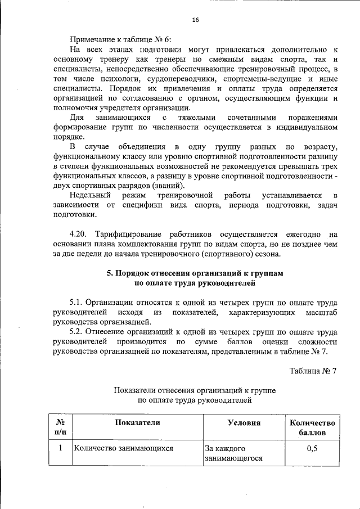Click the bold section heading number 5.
coord(111,273)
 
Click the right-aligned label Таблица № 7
coord(313,371)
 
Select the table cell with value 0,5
coord(312,449)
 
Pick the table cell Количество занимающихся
coord(123,449)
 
